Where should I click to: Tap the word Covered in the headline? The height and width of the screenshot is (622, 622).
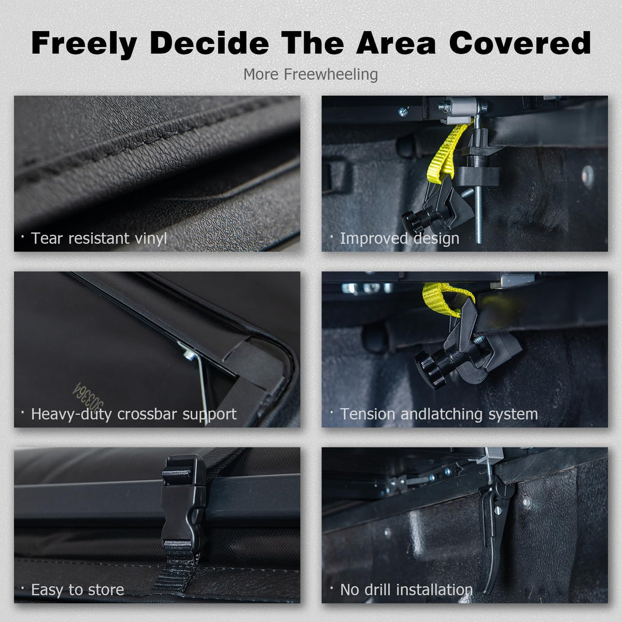pyautogui.click(x=520, y=43)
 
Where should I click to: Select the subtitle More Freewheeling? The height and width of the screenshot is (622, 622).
pyautogui.click(x=310, y=74)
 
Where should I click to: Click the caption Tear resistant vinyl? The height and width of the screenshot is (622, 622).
pyautogui.click(x=99, y=238)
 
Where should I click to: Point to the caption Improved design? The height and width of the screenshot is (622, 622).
pyautogui.click(x=400, y=238)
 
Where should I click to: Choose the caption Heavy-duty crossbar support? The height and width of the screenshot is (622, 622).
pyautogui.click(x=134, y=414)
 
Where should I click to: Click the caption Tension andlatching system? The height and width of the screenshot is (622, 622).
pyautogui.click(x=439, y=414)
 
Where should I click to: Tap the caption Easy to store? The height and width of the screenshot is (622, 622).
pyautogui.click(x=77, y=590)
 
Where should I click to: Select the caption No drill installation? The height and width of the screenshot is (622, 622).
pyautogui.click(x=406, y=590)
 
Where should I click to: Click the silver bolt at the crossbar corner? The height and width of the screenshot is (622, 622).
pyautogui.click(x=190, y=356)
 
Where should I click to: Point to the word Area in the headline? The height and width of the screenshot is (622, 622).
pyautogui.click(x=397, y=43)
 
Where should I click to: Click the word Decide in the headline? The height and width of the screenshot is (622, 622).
pyautogui.click(x=209, y=43)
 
